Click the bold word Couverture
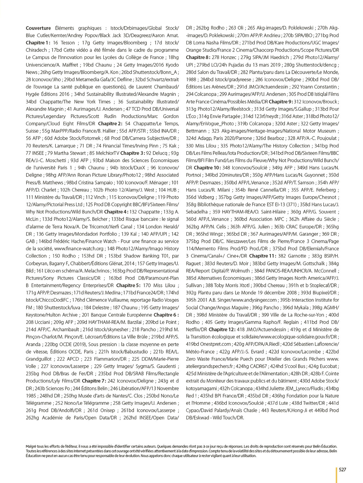pos(38,28)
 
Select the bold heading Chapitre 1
pos(38,43)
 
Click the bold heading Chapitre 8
pos(198,57)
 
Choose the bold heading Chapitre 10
pos(207,168)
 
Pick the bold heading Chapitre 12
pos(222,329)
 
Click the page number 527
pos(342,469)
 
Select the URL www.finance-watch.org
pos(79,249)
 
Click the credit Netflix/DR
pos(197,329)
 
